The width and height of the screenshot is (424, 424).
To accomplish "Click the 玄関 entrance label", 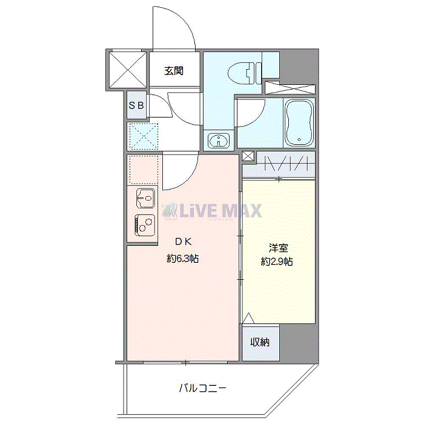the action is [174, 71].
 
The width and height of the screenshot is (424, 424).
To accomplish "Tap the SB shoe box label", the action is [136, 105].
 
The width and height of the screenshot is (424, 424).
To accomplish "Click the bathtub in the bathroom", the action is [299, 122].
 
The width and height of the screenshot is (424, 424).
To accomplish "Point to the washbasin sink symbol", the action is [219, 141].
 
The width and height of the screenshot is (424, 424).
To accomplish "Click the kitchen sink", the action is [146, 198].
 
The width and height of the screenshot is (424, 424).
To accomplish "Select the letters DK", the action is [184, 242].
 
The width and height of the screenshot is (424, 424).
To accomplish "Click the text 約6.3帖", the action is [183, 259].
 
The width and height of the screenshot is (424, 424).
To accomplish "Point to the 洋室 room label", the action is [278, 248].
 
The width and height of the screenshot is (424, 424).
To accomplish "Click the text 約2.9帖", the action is [277, 262].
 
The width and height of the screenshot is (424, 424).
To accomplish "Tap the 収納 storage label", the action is [260, 342].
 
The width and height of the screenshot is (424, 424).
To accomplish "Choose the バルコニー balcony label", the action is [202, 389].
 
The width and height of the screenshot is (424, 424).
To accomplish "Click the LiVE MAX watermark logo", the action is [211, 211].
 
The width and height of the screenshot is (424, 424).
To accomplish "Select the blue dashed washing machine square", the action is [144, 136].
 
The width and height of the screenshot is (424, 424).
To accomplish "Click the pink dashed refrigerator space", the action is [144, 170].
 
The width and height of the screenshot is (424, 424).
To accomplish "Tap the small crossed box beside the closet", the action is [248, 156].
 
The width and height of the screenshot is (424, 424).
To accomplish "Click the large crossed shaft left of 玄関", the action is [128, 70].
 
